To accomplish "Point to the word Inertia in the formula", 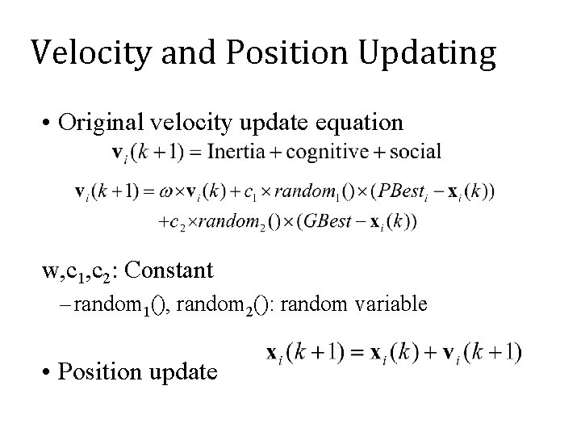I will [243, 152].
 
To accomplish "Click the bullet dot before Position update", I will [49, 372].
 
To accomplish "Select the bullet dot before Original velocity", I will [49, 124].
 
